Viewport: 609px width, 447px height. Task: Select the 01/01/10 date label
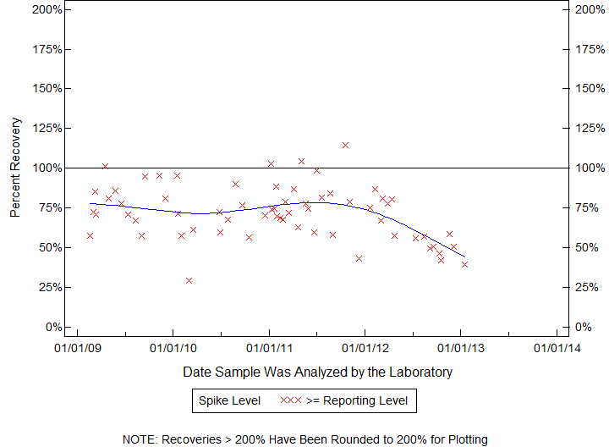click(173, 346)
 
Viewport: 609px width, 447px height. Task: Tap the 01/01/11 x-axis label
click(269, 346)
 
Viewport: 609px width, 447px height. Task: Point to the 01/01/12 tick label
click(365, 346)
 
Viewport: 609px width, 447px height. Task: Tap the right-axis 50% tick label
click(585, 247)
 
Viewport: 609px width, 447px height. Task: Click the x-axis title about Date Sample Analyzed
click(317, 372)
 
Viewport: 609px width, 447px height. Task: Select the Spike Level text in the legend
click(229, 400)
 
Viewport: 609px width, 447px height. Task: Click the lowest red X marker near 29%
click(189, 280)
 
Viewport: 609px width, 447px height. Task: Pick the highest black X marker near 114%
click(345, 145)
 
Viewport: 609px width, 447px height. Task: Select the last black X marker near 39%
click(464, 264)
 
